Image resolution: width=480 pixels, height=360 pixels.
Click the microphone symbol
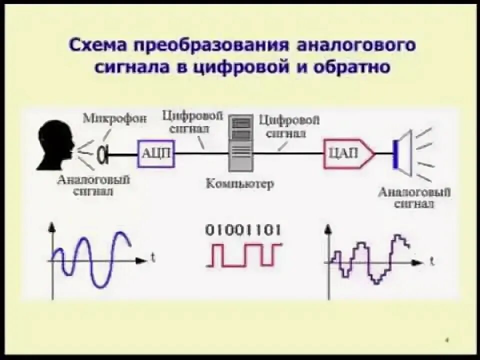tap(104, 154)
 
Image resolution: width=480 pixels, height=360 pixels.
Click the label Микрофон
tap(115, 119)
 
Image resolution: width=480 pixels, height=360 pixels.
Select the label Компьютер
tap(240, 183)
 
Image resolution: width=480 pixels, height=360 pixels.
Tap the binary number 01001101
tap(243, 230)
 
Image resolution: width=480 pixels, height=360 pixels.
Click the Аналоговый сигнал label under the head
tap(93, 185)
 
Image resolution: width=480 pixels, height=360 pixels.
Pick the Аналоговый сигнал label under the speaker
tap(414, 197)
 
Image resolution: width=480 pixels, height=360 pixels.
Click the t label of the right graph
tap(431, 261)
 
